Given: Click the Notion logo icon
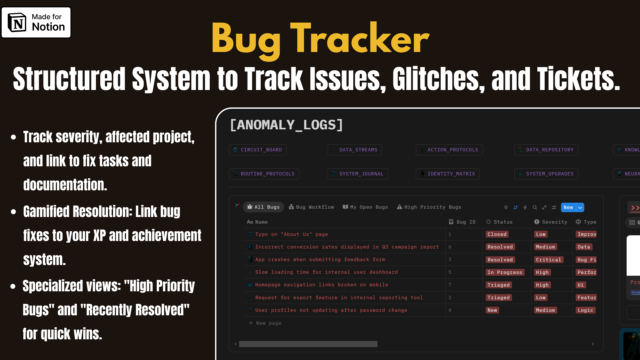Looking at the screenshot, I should click(x=17, y=23).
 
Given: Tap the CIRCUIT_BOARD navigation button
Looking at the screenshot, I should click(x=258, y=150).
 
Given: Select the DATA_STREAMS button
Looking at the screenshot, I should click(x=355, y=150).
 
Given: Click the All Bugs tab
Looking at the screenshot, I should click(x=263, y=207).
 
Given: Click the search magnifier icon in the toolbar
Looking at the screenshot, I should click(x=535, y=207).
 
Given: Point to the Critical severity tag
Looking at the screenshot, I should click(x=548, y=260).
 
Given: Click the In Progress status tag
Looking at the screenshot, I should click(x=505, y=272).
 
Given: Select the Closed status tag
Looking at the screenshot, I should click(x=497, y=234).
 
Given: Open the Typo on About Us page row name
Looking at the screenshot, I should click(x=291, y=234).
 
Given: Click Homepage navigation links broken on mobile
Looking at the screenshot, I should click(x=321, y=285).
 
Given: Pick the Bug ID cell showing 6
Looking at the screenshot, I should click(x=450, y=247).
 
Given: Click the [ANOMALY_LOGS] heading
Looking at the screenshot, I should click(x=286, y=125).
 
